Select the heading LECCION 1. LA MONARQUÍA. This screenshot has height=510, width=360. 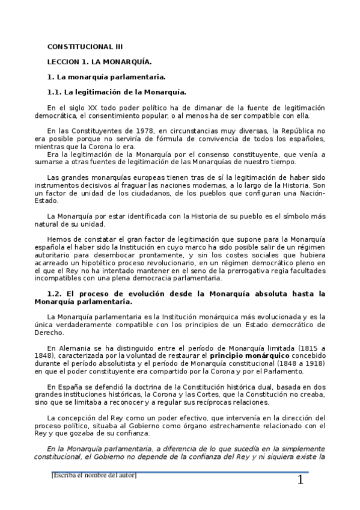pyautogui.click(x=99, y=61)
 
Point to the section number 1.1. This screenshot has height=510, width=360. pyautogui.click(x=54, y=92)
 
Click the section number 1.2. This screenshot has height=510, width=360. pyautogui.click(x=54, y=293)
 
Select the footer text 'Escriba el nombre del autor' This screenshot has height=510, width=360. pyautogui.click(x=94, y=476)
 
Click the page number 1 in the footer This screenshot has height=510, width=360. pyautogui.click(x=301, y=481)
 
